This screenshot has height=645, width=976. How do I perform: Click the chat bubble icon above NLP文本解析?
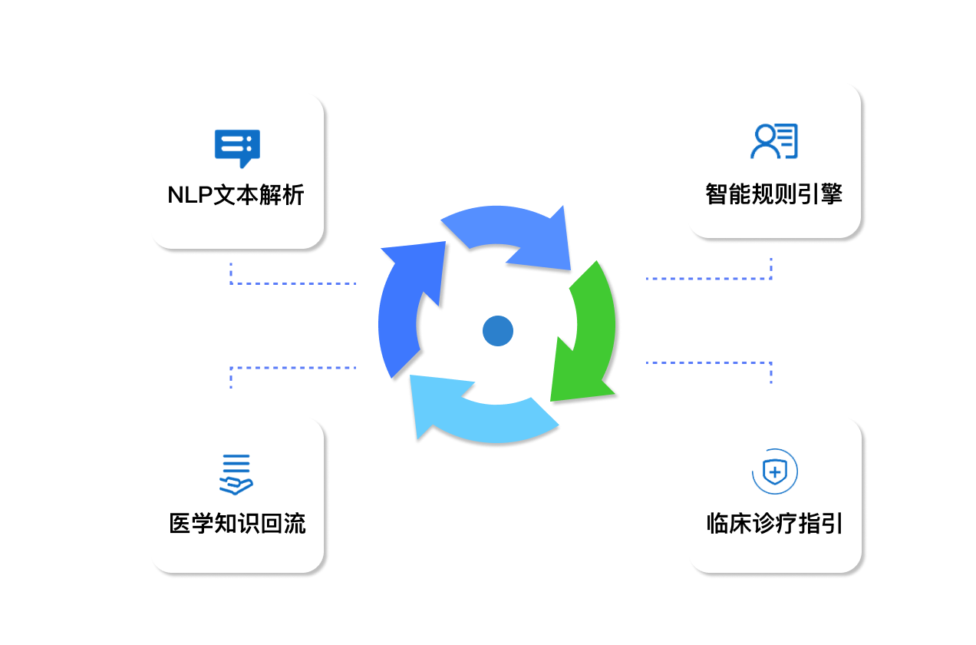click(x=237, y=147)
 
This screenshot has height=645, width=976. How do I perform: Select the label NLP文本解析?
click(x=236, y=195)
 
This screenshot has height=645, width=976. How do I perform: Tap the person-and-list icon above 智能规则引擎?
click(x=773, y=141)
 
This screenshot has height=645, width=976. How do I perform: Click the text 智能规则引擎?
click(x=773, y=193)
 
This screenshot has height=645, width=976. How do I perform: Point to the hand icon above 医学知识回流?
click(x=236, y=475)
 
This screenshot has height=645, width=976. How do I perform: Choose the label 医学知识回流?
click(x=237, y=524)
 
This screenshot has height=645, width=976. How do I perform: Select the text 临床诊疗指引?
click(x=774, y=524)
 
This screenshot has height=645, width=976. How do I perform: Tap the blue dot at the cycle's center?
click(x=497, y=331)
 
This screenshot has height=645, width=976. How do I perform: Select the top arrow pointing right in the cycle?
click(x=514, y=234)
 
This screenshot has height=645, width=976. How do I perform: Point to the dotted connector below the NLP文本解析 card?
click(x=292, y=283)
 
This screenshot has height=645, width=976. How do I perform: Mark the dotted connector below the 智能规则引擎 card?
click(x=710, y=278)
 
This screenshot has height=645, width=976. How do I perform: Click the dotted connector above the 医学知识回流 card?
click(x=292, y=368)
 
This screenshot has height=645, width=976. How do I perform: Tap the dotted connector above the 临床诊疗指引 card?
click(x=710, y=362)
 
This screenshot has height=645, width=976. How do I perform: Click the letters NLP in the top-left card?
click(x=190, y=195)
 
